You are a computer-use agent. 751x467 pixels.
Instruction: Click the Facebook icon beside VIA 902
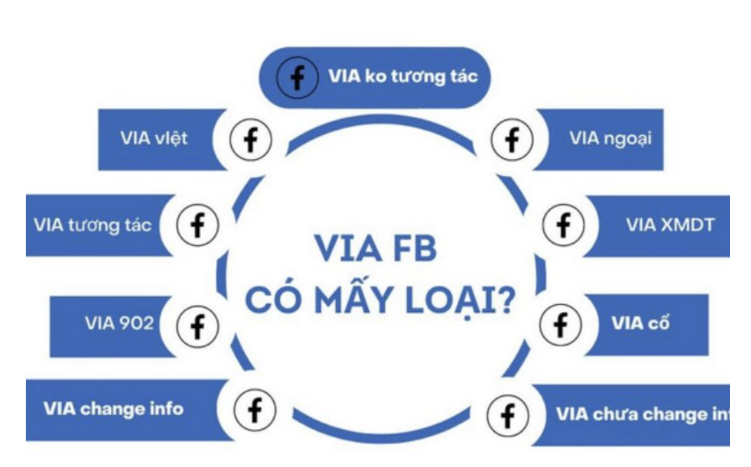click(197, 325)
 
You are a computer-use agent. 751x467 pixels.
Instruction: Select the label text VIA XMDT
click(669, 226)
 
